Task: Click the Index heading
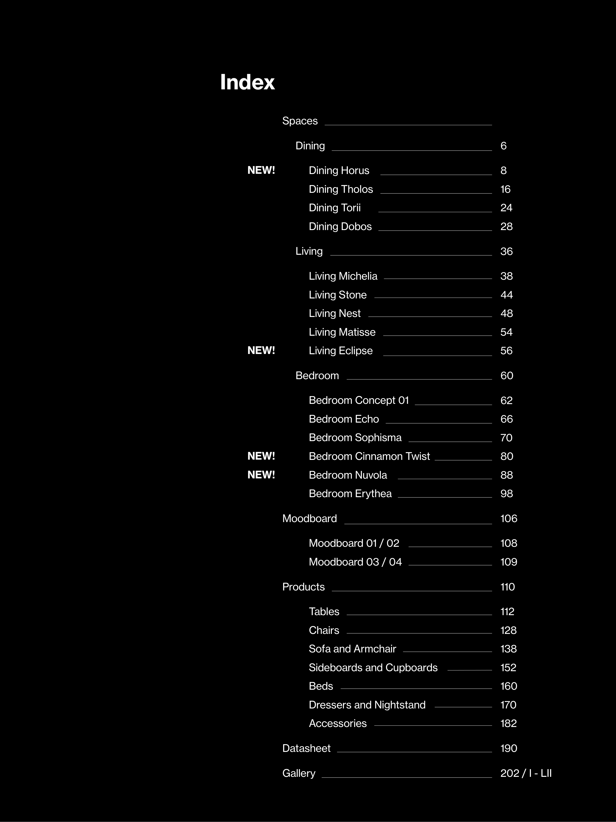(247, 82)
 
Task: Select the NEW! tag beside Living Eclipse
(261, 351)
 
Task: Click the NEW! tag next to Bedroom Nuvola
(261, 474)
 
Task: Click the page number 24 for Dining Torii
(506, 208)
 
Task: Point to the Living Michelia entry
(343, 276)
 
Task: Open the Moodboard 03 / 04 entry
(355, 562)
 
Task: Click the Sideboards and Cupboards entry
(373, 667)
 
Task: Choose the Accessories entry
(337, 723)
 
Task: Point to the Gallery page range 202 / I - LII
(525, 773)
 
